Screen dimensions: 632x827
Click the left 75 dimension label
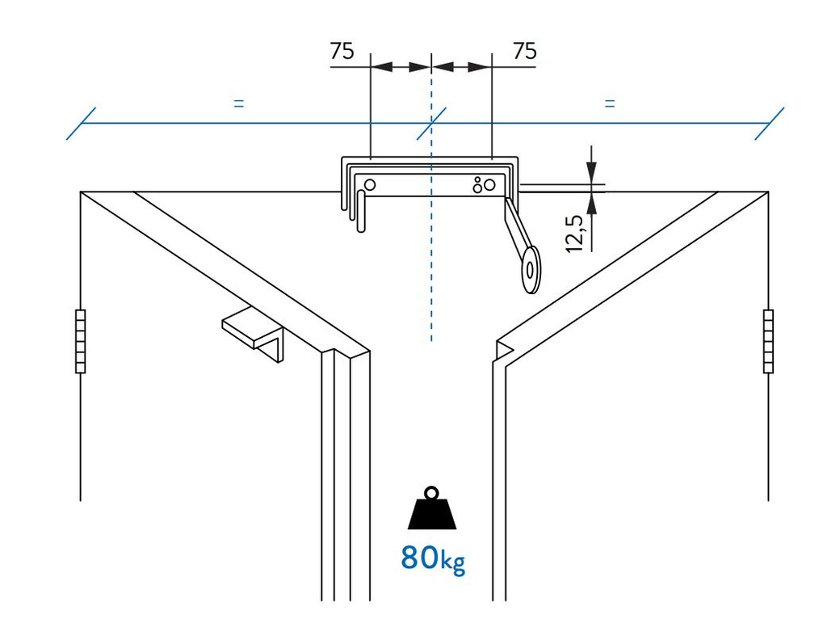coord(342,51)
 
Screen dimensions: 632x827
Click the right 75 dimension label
coord(524,51)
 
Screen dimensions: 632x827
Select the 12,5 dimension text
coord(575,234)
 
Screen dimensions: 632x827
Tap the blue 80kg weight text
coord(433,558)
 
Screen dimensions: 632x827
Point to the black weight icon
coord(432,509)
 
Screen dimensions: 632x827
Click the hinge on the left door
coord(80,341)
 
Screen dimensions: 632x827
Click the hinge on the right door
coord(767,341)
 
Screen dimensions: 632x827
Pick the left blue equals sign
coord(237,103)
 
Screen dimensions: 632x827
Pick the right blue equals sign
coord(610,103)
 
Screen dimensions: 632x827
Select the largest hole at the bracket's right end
coord(489,186)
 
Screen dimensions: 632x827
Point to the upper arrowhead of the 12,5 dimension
coord(592,171)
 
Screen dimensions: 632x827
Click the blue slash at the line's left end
coord(81,124)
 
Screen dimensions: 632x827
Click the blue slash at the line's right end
coord(769,124)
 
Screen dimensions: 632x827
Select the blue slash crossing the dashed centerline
coord(431,124)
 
